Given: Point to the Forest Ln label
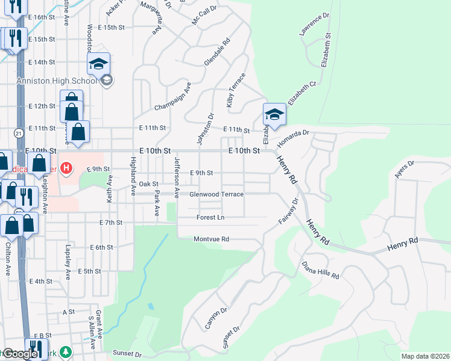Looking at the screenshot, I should pos(210,217).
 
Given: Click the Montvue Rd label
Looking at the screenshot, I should pos(212,239).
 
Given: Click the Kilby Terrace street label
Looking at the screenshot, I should pos(236,90).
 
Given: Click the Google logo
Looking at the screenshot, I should pos(19,354).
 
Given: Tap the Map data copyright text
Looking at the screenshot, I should pos(425,356).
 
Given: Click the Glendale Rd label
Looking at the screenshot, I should pos(218,53).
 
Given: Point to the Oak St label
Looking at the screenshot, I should pos(148,184).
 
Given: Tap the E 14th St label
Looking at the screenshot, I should pos(42,62).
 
